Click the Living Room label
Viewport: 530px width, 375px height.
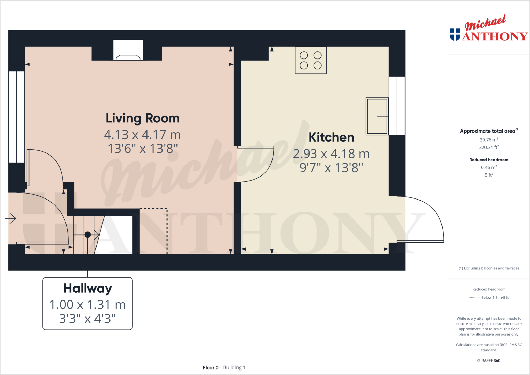[142, 118]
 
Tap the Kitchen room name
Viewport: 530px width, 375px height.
[331, 137]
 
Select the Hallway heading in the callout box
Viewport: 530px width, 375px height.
[88, 288]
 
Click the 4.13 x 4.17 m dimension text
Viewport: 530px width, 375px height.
[142, 135]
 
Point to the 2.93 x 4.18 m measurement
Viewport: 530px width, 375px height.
[331, 154]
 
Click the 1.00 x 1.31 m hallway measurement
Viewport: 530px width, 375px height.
[88, 305]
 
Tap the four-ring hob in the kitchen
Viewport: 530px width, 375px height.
[311, 60]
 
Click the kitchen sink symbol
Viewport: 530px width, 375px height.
[377, 116]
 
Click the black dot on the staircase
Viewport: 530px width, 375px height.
[88, 235]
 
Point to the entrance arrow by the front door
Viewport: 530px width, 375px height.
[10, 218]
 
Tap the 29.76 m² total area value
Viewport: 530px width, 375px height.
[489, 140]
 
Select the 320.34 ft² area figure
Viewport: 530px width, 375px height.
[489, 147]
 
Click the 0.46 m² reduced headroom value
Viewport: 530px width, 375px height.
[489, 167]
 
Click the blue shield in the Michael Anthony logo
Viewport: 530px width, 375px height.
[455, 34]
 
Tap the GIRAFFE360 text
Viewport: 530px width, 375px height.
[489, 361]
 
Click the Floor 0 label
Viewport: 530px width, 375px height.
[211, 367]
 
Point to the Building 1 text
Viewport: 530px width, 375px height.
[234, 367]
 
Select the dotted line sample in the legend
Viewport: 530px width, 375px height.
[474, 298]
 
